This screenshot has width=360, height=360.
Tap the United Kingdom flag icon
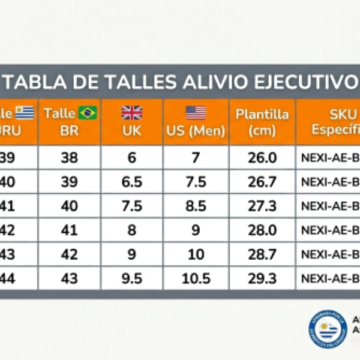pyautogui.click(x=131, y=112)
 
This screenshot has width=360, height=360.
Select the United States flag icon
pyautogui.click(x=196, y=112)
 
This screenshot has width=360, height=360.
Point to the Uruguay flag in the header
pyautogui.click(x=25, y=112)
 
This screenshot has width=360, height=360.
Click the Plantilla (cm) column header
pyautogui.click(x=262, y=122)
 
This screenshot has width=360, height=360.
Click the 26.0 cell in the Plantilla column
pyautogui.click(x=262, y=158)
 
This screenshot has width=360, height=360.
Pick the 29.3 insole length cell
pyautogui.click(x=262, y=278)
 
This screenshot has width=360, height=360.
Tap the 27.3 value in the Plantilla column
pyautogui.click(x=262, y=206)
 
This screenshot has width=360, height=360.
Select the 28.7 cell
pyautogui.click(x=262, y=254)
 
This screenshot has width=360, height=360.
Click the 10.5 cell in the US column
pyautogui.click(x=196, y=278)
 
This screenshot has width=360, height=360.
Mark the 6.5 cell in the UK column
pyautogui.click(x=131, y=182)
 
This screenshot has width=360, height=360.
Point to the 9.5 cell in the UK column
pyautogui.click(x=131, y=278)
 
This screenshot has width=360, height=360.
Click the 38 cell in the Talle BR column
pyautogui.click(x=70, y=158)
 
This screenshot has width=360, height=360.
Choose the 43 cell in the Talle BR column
pyautogui.click(x=70, y=278)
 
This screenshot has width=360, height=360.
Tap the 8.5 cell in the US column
pyautogui.click(x=196, y=206)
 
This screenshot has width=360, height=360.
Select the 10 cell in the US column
pyautogui.click(x=196, y=254)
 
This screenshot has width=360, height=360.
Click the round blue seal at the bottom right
pyautogui.click(x=328, y=329)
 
